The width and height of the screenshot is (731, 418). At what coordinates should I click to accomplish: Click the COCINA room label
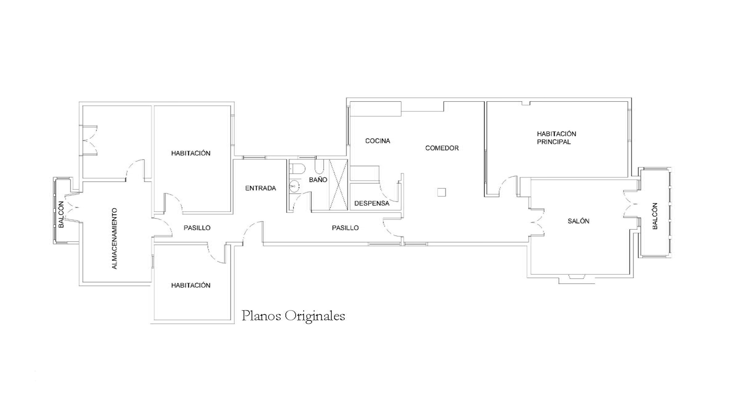coord(377,141)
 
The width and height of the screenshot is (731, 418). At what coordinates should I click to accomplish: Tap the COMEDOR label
coord(442,148)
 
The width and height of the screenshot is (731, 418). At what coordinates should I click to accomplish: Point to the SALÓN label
coord(578,221)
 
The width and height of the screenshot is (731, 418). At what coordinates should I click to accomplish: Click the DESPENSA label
coord(372,203)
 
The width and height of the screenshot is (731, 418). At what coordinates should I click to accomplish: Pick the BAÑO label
coord(318,180)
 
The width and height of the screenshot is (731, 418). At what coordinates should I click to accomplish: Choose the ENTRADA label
coord(260,188)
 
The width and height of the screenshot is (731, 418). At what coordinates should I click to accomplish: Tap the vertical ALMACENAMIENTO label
coord(114,239)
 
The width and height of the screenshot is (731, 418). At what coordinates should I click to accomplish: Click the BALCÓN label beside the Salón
coord(655,216)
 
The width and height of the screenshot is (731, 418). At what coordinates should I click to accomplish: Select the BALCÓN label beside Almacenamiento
coord(61,214)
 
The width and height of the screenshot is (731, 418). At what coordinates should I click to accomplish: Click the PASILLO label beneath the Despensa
coord(345,228)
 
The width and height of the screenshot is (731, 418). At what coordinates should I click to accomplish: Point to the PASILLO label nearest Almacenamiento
coord(197,228)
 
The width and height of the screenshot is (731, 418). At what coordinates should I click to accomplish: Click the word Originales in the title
coord(315,316)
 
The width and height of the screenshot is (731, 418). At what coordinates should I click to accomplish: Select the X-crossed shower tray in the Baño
coord(339,185)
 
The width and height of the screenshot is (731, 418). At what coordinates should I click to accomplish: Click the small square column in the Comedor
coord(442,192)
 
